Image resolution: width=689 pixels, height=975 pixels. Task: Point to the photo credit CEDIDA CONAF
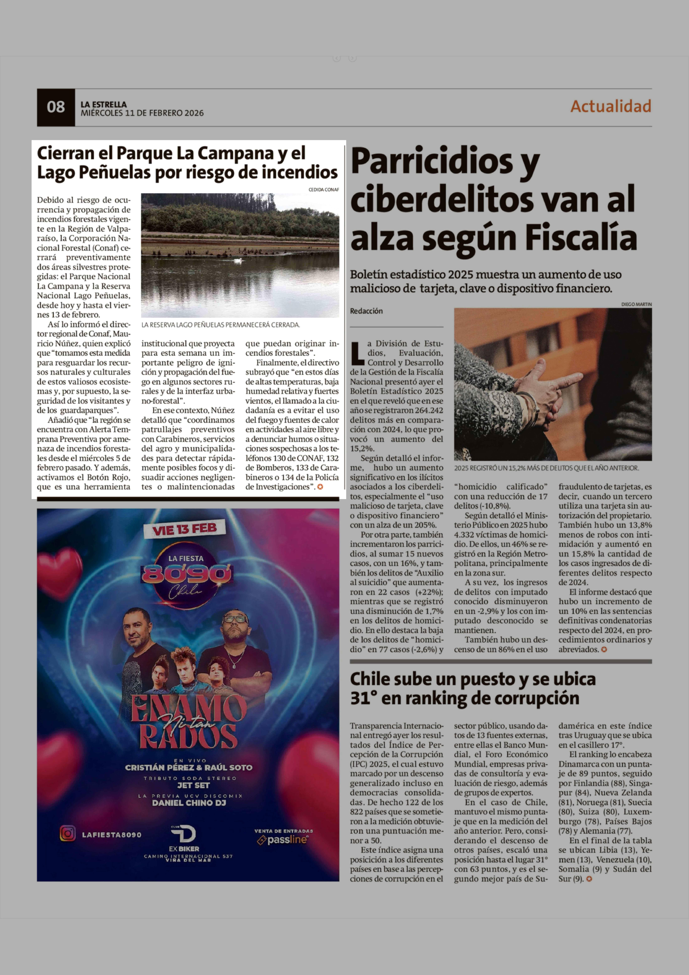[324, 190]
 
